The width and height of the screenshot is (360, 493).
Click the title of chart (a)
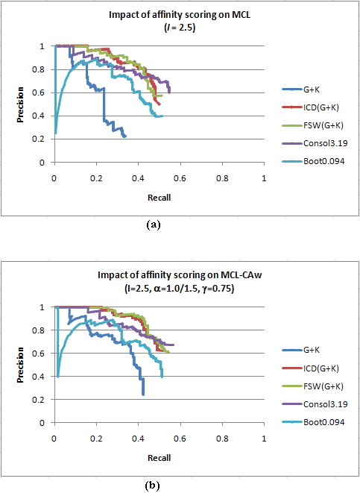click(x=180, y=21)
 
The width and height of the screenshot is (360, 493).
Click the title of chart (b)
click(x=180, y=281)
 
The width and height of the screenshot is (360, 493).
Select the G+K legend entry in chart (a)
click(x=301, y=90)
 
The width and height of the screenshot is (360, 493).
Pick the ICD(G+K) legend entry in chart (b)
click(x=310, y=368)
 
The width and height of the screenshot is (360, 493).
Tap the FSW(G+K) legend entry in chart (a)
click(x=312, y=125)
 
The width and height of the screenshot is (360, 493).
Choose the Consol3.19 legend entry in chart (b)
click(x=315, y=404)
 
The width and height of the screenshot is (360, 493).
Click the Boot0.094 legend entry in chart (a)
click(x=313, y=161)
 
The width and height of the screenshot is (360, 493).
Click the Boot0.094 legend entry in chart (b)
click(x=313, y=422)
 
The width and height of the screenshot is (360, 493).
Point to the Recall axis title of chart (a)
click(x=160, y=198)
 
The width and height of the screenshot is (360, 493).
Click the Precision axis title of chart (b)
click(x=20, y=365)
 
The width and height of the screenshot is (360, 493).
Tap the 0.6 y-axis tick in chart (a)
click(x=38, y=92)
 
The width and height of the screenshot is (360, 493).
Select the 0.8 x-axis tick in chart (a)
click(x=222, y=178)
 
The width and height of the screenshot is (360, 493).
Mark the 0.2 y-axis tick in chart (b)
click(x=38, y=400)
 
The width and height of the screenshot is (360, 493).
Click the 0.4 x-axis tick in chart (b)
click(x=138, y=439)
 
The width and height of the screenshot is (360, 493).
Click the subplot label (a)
click(x=154, y=224)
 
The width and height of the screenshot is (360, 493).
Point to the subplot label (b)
click(x=152, y=486)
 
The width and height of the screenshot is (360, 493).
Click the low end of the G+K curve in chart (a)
click(x=125, y=136)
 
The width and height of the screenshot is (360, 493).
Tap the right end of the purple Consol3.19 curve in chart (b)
click(x=174, y=345)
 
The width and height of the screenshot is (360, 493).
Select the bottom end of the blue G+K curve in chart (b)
click(x=143, y=395)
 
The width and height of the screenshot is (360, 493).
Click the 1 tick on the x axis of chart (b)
click(x=264, y=439)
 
